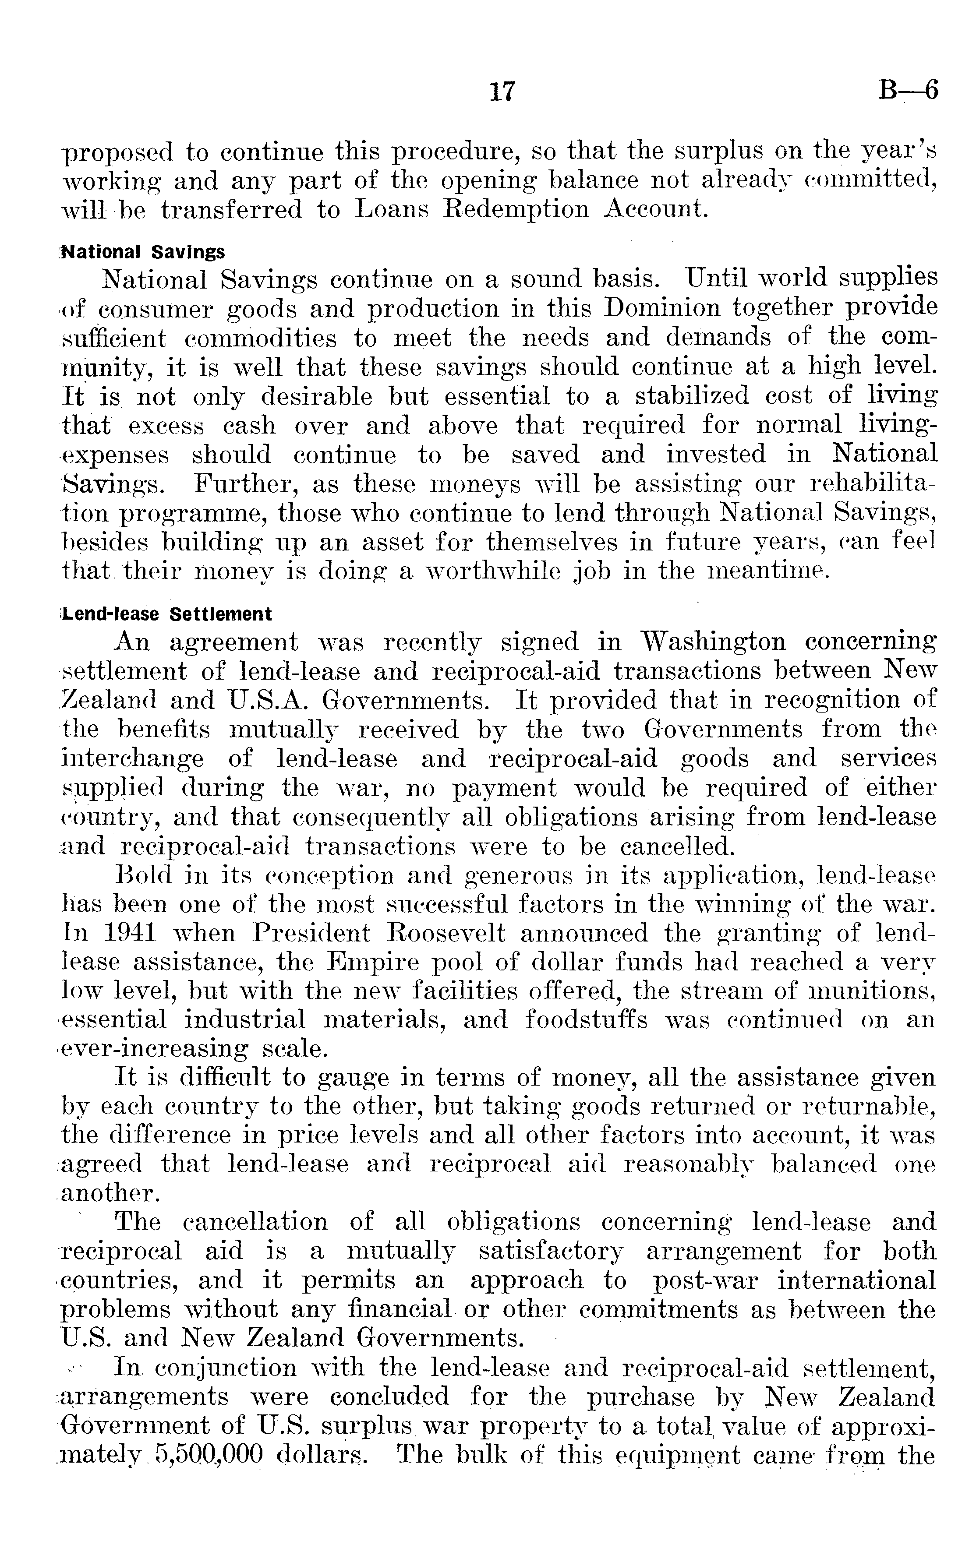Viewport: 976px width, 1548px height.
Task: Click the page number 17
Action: click(x=502, y=92)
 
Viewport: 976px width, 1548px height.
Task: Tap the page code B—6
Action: click(x=908, y=91)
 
